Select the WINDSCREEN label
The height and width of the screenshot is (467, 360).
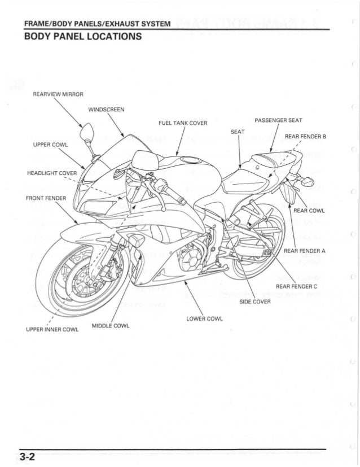[x=107, y=109]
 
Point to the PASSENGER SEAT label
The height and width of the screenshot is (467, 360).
[x=279, y=120]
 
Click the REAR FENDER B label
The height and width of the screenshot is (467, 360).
[x=306, y=136]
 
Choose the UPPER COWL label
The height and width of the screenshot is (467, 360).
[x=51, y=145]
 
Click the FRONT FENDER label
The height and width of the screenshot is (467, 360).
[x=46, y=198]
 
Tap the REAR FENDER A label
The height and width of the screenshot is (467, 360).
[x=305, y=251]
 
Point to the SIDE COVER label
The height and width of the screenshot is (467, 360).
[x=256, y=301]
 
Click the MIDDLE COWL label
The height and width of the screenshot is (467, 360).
[x=110, y=325]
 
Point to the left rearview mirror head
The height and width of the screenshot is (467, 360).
[x=87, y=134]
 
